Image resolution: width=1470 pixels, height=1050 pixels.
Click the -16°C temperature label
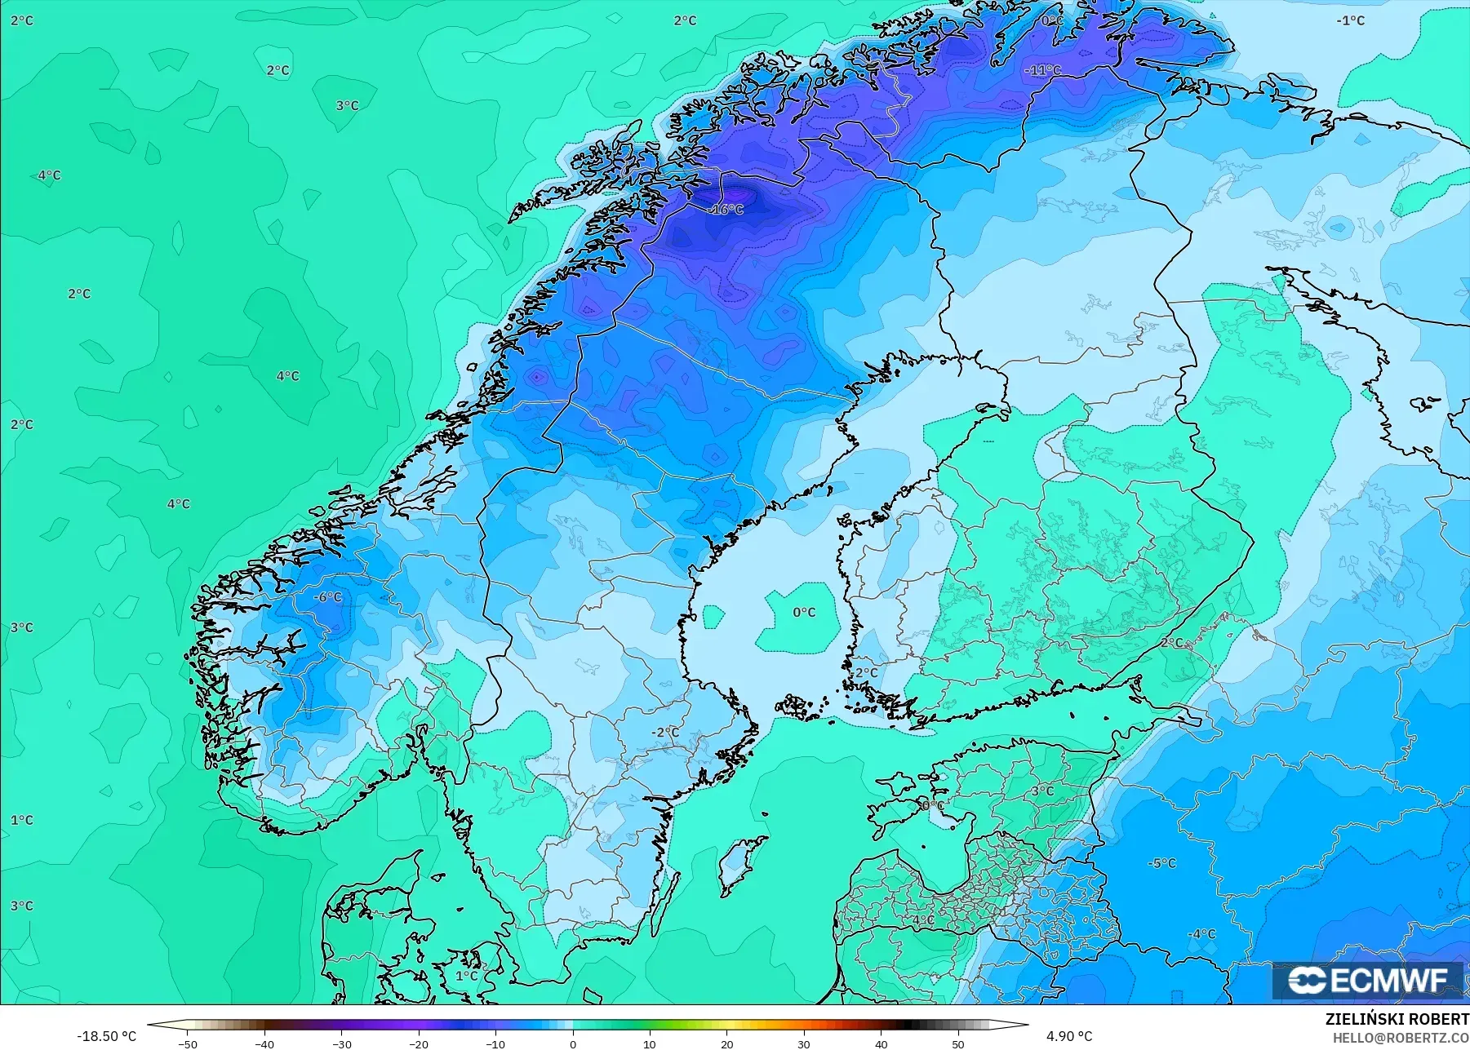click(x=726, y=210)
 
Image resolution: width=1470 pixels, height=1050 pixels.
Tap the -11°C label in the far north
click(x=1042, y=70)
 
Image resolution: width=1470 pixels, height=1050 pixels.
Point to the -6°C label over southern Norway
click(x=328, y=597)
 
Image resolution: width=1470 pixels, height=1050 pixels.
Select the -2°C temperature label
click(x=665, y=733)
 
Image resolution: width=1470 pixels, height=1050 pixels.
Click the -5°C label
click(x=1161, y=863)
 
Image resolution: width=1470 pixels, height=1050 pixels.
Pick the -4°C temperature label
click(x=1201, y=934)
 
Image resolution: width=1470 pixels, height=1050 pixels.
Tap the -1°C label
click(x=1351, y=20)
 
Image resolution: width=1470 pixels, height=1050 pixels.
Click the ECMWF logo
click(x=1367, y=981)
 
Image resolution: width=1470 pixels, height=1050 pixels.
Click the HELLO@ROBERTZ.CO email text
click(x=1401, y=1038)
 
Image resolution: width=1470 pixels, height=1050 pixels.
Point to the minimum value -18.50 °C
click(x=107, y=1036)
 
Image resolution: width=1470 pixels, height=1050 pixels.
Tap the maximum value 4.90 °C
click(x=1069, y=1036)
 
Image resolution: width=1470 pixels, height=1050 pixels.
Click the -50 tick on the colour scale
click(x=188, y=1043)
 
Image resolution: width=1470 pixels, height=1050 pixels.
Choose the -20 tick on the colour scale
click(x=419, y=1043)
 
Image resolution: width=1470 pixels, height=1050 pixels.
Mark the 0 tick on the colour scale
click(x=573, y=1043)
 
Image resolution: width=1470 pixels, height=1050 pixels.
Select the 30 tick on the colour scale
click(x=804, y=1043)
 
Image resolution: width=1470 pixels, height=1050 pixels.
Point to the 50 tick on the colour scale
click(x=958, y=1043)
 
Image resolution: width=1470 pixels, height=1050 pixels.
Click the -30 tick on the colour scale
click(x=342, y=1043)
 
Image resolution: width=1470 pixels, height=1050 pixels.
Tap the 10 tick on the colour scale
click(x=650, y=1043)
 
